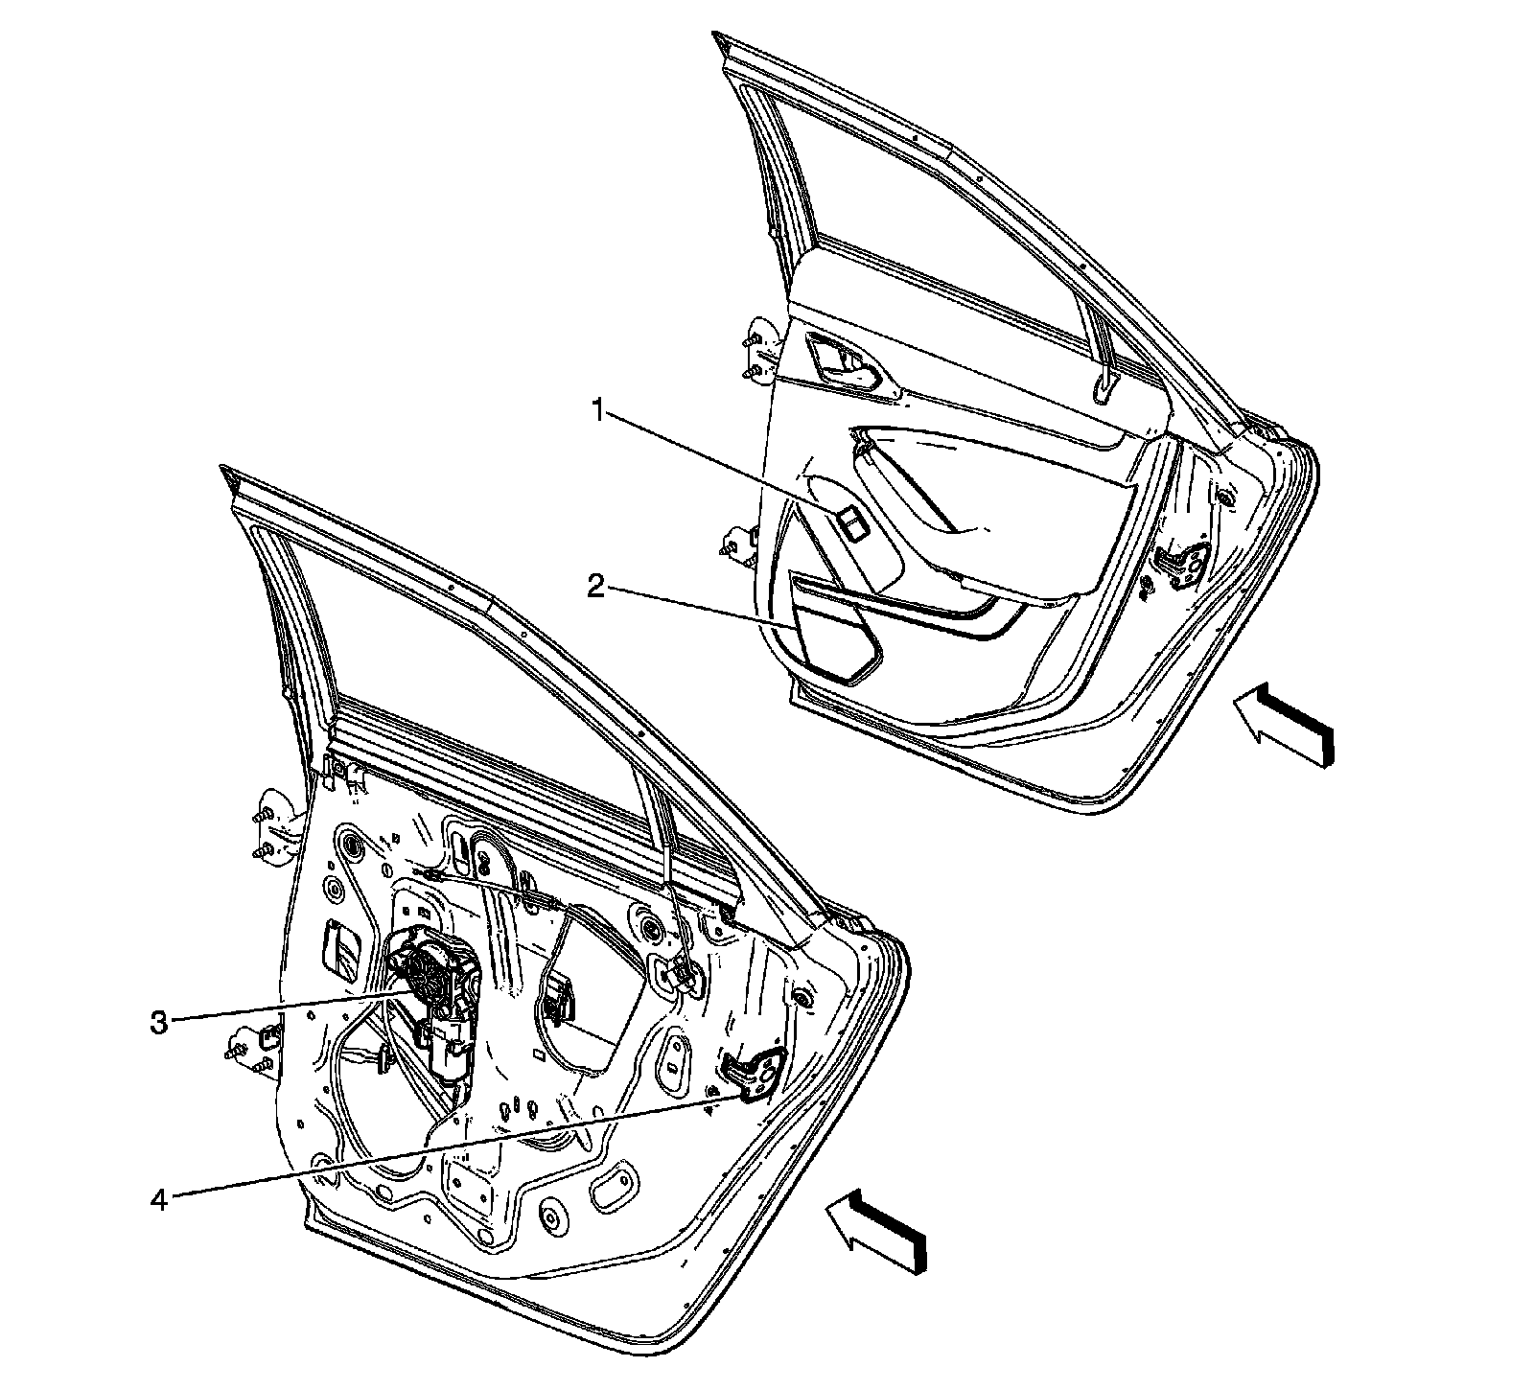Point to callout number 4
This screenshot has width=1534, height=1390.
pos(159,1198)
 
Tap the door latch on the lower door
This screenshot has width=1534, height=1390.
pos(756,1073)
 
